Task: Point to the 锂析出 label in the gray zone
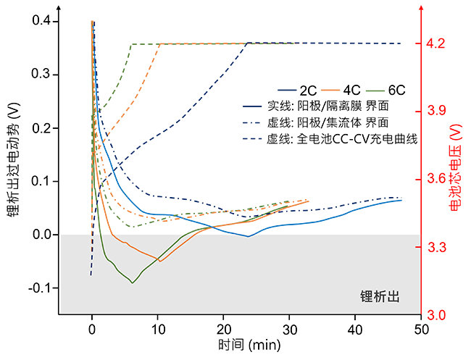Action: point(381,297)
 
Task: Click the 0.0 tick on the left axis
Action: point(42,235)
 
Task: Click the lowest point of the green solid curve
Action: point(133,282)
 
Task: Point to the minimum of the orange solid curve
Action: point(159,260)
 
